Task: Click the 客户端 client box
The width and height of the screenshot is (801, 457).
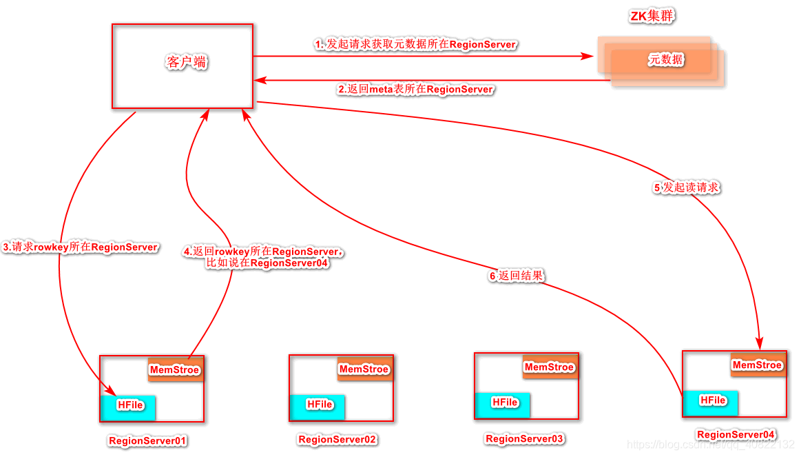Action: (183, 66)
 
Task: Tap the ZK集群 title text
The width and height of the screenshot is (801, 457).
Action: (652, 17)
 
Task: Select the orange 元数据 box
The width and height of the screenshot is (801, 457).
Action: (661, 60)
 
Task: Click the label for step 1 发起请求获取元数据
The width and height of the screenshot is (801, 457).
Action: (415, 44)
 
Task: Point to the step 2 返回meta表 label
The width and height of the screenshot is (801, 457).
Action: (415, 90)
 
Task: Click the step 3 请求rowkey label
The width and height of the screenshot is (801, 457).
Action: (81, 247)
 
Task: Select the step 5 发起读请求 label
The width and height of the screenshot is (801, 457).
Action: (687, 187)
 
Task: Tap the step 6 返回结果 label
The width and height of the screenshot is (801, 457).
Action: (516, 276)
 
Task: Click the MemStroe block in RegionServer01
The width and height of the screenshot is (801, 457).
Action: (175, 369)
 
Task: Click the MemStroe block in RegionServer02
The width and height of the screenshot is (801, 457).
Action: (364, 369)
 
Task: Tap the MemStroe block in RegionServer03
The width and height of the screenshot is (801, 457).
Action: (550, 367)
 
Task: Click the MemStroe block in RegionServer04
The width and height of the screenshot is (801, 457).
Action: (758, 365)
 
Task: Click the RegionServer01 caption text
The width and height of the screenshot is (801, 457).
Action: (148, 440)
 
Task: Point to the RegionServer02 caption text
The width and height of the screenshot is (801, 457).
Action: (337, 440)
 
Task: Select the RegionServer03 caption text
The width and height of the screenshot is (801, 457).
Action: (525, 438)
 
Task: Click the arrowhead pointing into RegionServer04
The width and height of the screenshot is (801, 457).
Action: (760, 343)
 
